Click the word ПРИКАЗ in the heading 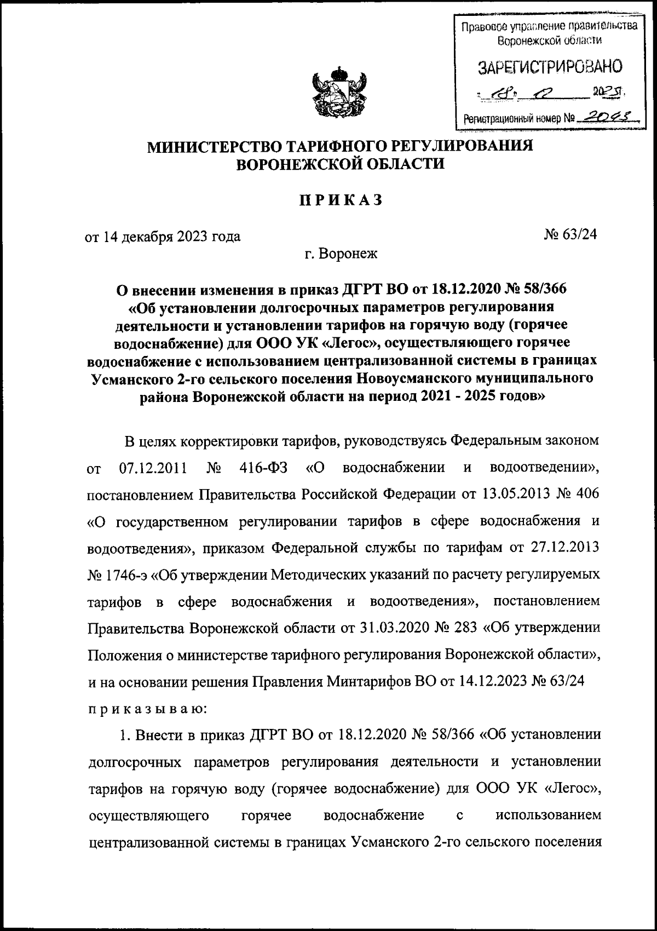(340, 200)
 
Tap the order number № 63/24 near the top (570, 235)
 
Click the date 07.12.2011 (153, 469)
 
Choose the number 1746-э (125, 574)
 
